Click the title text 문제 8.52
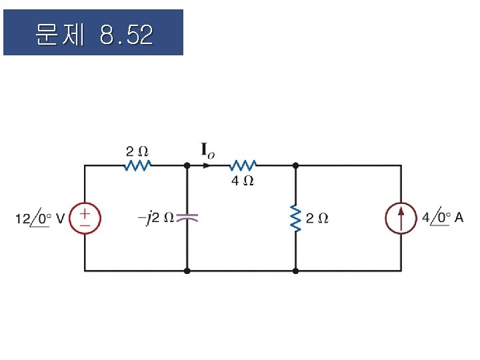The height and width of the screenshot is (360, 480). click(x=93, y=33)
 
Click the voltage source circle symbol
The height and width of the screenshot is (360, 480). click(x=85, y=219)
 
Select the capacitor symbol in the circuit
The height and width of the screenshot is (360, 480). click(x=187, y=217)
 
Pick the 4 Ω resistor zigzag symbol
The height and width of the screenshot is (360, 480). click(x=243, y=165)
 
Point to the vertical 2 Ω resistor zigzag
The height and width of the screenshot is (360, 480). click(x=295, y=218)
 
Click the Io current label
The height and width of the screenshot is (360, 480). click(x=208, y=151)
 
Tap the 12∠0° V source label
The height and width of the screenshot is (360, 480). click(x=41, y=219)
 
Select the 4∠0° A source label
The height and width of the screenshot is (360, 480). click(x=443, y=218)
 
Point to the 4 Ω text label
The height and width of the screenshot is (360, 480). click(x=243, y=180)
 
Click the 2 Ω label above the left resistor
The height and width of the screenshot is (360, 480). click(x=137, y=150)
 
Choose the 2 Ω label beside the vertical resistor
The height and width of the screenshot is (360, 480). click(x=317, y=218)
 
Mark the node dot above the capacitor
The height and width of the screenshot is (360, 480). click(x=187, y=165)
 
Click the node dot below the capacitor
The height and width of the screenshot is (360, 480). click(x=187, y=271)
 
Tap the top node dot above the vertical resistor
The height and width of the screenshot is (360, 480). click(x=295, y=165)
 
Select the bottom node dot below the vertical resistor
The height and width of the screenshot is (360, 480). click(x=295, y=271)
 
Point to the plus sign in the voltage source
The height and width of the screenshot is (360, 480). click(x=85, y=213)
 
